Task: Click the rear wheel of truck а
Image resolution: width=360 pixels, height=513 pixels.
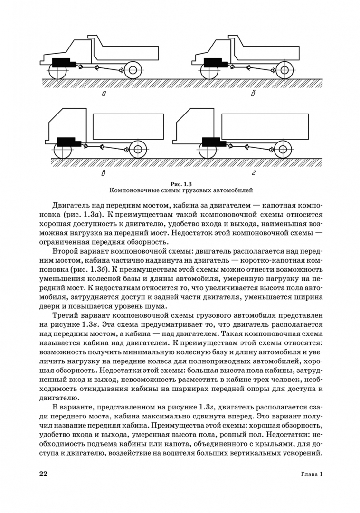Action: (132, 71)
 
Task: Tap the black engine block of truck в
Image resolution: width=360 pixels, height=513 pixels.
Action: (69, 142)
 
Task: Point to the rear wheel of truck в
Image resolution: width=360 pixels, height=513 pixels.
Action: (138, 149)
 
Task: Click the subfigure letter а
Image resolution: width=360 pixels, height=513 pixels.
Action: (104, 94)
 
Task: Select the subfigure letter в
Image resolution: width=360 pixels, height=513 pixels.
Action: (104, 173)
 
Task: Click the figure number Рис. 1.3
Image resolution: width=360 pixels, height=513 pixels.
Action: (180, 183)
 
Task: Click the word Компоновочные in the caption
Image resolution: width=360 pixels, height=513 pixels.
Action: (135, 190)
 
